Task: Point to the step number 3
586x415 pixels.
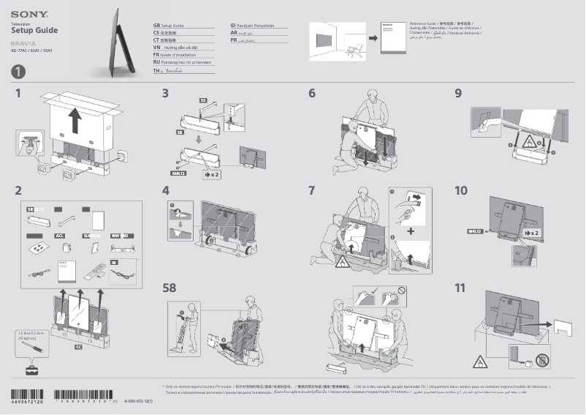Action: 166,94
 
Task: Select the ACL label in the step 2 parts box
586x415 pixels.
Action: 61,236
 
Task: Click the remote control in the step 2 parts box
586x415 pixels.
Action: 94,272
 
